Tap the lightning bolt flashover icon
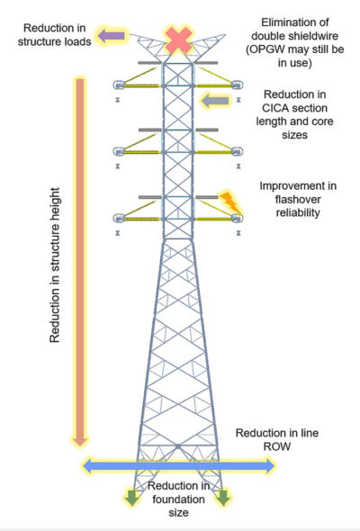[x=229, y=203]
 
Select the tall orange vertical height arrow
[x=80, y=261]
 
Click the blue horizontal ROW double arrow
[x=178, y=465]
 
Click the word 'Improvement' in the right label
[x=283, y=185]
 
